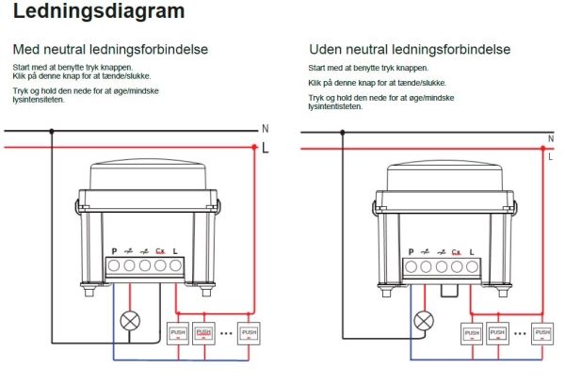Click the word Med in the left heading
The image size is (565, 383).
coord(24,49)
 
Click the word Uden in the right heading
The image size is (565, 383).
coord(326,49)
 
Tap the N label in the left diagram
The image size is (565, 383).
coord(265,129)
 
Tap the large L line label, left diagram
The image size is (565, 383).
coord(266,148)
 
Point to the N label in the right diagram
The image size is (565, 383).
coord(550,139)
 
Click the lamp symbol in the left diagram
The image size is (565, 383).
coord(132,321)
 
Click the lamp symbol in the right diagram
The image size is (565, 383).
coord(425,321)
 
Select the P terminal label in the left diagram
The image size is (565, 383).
coord(114,250)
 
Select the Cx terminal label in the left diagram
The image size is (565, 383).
coord(160,250)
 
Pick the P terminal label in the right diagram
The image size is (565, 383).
coord(411,251)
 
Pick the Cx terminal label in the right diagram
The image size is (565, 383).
coord(456,251)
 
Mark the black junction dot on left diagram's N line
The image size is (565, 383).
coord(52,131)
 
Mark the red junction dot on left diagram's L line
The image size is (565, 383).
coord(254,147)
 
